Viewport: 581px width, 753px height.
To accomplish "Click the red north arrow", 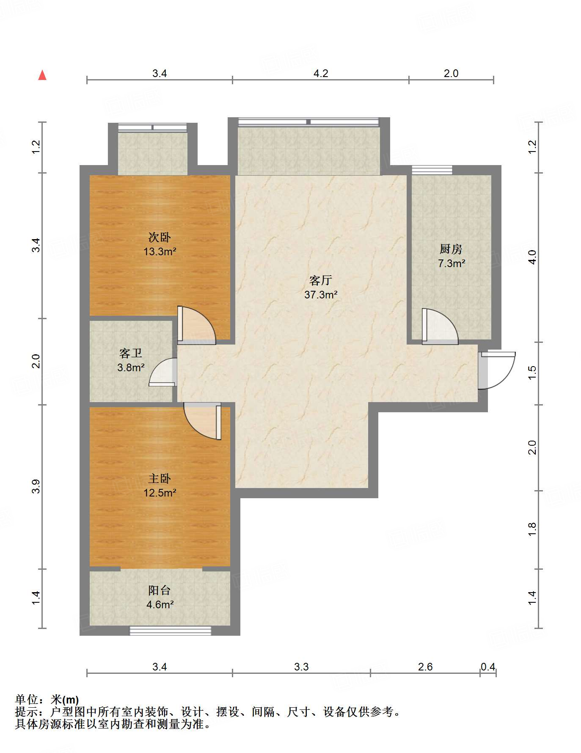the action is point(42,75).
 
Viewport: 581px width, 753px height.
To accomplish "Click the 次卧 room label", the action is point(160,237).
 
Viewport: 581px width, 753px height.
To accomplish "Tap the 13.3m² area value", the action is point(160,251).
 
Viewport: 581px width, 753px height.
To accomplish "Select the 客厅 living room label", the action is point(321,280).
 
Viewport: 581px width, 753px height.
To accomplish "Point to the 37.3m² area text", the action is point(321,295).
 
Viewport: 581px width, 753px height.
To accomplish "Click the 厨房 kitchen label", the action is point(451,249).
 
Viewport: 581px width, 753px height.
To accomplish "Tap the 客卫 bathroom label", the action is point(131,353).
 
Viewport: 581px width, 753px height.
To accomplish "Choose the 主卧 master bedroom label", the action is point(160,478).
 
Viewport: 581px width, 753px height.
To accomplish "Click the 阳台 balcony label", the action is point(160,590).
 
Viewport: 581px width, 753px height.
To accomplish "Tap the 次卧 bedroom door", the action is point(197,325).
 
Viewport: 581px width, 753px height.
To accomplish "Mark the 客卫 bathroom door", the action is point(163,372).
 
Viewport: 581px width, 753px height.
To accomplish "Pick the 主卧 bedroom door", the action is point(203,421).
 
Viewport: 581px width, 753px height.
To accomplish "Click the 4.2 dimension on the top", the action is point(321,73).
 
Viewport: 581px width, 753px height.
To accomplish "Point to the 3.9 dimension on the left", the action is point(36,486).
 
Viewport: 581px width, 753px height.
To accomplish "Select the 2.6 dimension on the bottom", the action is point(425,667).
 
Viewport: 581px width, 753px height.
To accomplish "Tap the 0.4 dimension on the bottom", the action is point(488,667).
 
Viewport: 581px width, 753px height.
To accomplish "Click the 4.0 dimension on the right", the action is point(532,257).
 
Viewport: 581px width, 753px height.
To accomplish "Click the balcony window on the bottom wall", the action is point(171,631).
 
